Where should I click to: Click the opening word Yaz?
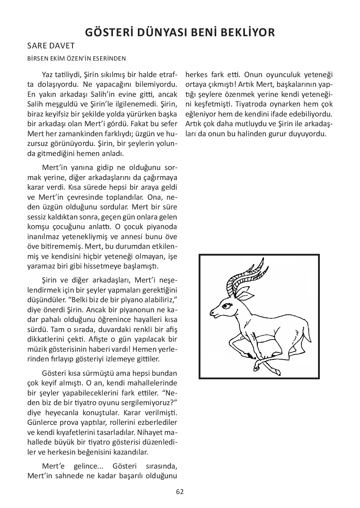point(47,75)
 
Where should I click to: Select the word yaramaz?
point(39,266)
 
